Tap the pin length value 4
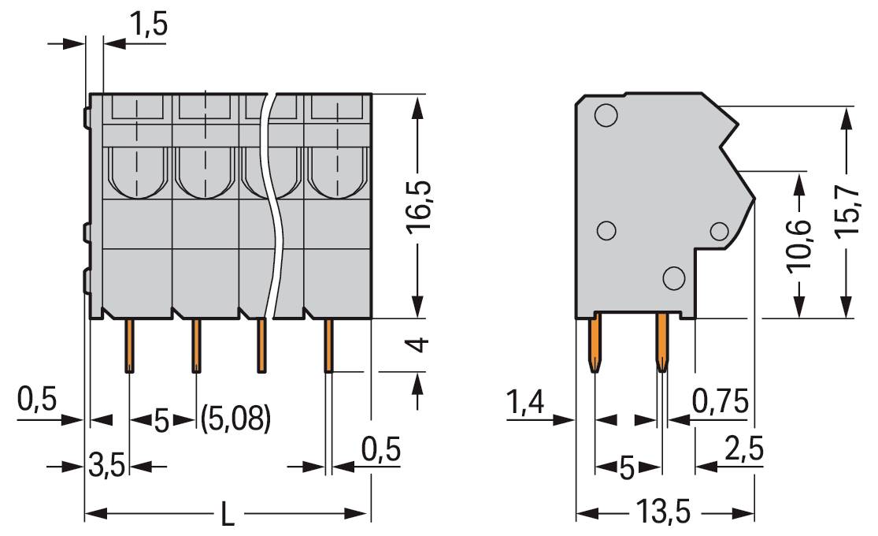(x=419, y=344)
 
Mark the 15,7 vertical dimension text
(x=847, y=214)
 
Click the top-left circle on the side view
(x=606, y=116)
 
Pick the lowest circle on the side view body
(x=673, y=277)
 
